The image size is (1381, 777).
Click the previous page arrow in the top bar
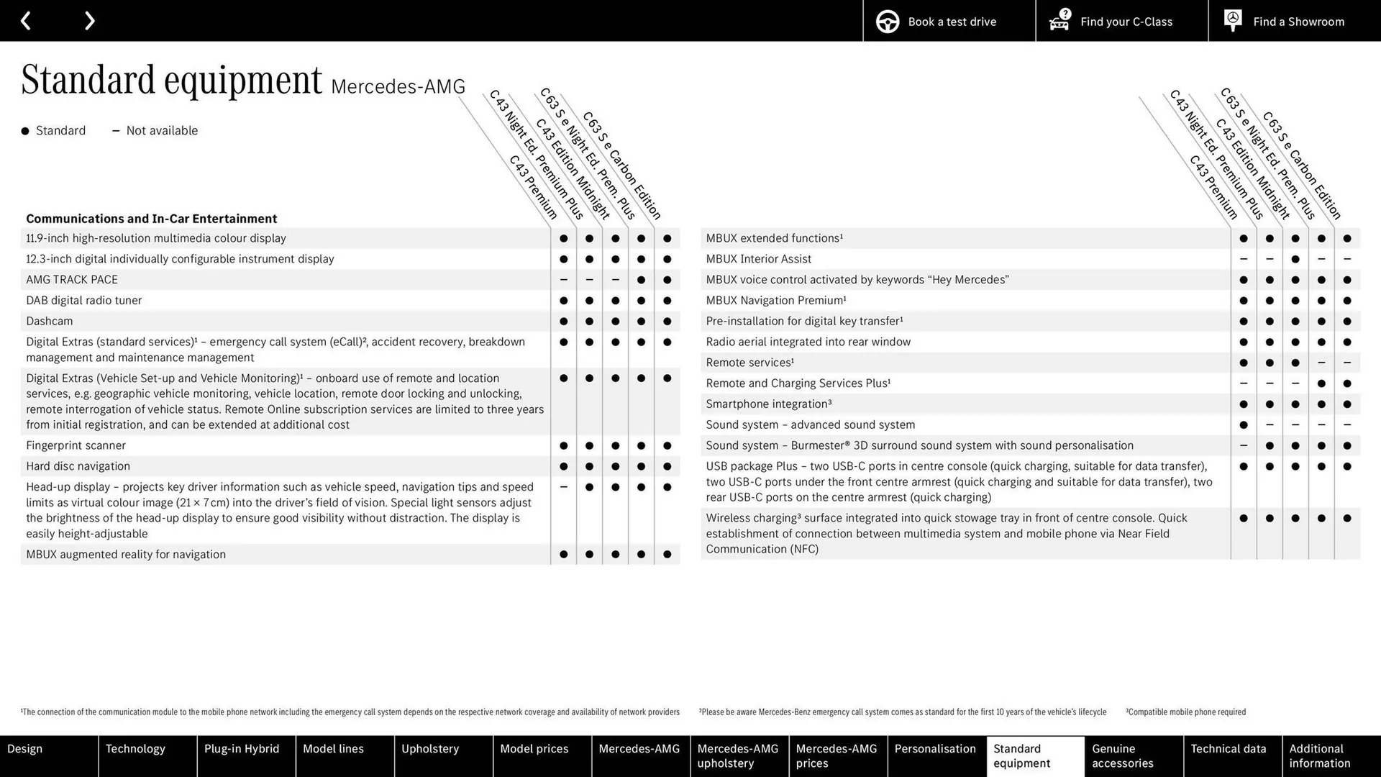26,21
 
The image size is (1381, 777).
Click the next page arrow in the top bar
89,21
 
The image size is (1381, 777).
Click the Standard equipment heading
171,80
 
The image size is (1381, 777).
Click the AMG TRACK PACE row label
72,280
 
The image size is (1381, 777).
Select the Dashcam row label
50,322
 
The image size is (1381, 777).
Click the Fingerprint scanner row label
76,446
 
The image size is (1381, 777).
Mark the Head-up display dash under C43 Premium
563,487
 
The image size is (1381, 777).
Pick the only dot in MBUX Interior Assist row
1295,259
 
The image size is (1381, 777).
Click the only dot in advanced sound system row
1244,425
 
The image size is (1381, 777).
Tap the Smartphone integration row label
768,404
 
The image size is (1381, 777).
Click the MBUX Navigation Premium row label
775,301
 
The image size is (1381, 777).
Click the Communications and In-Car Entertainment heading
151,219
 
